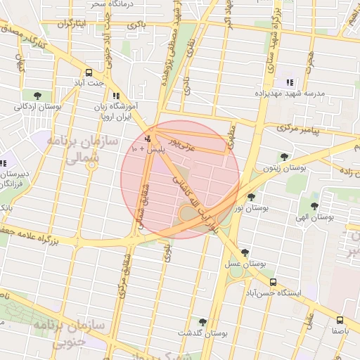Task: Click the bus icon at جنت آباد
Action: click(x=89, y=72)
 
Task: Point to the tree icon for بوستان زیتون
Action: click(x=284, y=157)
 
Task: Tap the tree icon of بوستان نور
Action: click(x=251, y=197)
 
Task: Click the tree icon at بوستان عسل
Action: click(x=245, y=252)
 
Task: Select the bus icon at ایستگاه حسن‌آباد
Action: click(x=273, y=282)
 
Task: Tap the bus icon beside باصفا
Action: click(x=340, y=319)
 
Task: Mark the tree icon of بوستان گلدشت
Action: click(x=202, y=321)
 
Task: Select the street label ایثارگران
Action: click(x=70, y=24)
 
